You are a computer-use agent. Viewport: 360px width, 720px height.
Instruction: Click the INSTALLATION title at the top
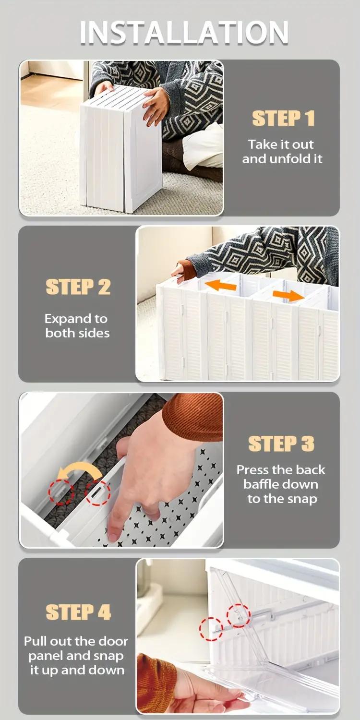coord(184,33)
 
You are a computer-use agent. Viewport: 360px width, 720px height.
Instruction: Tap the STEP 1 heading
coord(283,119)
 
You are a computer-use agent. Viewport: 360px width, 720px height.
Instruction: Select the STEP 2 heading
coord(78,287)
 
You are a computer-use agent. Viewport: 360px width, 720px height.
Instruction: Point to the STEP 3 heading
coord(281,444)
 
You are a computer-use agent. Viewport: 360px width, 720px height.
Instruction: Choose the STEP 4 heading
coord(78,612)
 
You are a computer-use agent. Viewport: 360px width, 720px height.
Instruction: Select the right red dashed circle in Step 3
coord(97,492)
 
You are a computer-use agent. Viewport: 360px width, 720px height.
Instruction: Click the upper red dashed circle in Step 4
coord(238,615)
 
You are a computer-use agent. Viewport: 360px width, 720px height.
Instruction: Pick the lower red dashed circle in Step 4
coord(211,629)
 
